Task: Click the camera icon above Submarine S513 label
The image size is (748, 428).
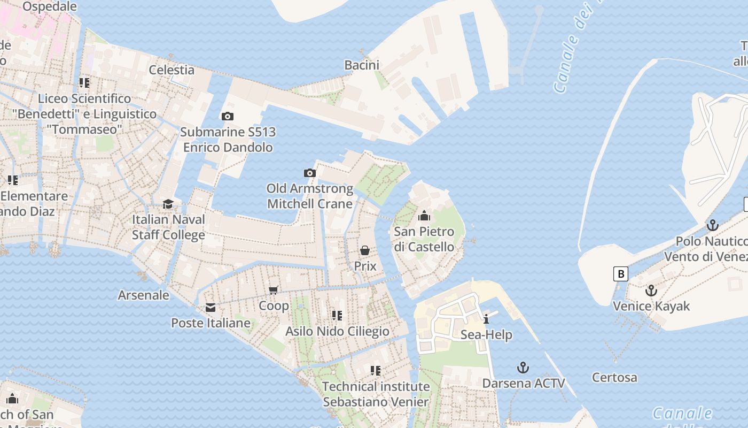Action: click(x=227, y=116)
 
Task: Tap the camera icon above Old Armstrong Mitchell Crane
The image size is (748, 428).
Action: click(x=309, y=173)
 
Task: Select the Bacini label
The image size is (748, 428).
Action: click(x=362, y=65)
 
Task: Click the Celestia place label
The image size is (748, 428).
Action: click(x=172, y=70)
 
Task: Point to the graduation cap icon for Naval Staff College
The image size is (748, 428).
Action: click(x=168, y=204)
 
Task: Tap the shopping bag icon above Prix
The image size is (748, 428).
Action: click(x=365, y=250)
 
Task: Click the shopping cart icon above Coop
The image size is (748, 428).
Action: click(x=274, y=290)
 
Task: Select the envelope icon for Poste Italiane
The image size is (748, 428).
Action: click(x=211, y=308)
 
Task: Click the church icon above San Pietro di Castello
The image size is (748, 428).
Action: click(x=424, y=216)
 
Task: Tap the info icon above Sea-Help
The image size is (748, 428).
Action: click(x=486, y=319)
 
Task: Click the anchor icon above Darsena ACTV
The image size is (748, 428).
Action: click(x=523, y=368)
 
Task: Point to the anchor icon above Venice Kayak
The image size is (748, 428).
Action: click(x=651, y=291)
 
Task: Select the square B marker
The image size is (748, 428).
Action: click(x=620, y=274)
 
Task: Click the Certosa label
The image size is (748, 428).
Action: click(x=614, y=378)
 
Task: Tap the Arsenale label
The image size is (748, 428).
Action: click(x=143, y=295)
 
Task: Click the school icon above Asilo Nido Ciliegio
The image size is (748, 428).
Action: click(x=337, y=315)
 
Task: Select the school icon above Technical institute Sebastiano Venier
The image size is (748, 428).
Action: click(x=375, y=370)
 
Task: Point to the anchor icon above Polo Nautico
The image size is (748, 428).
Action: click(x=712, y=225)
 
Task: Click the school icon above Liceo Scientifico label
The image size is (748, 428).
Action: click(x=84, y=82)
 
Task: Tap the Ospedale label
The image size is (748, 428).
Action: click(x=50, y=6)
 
